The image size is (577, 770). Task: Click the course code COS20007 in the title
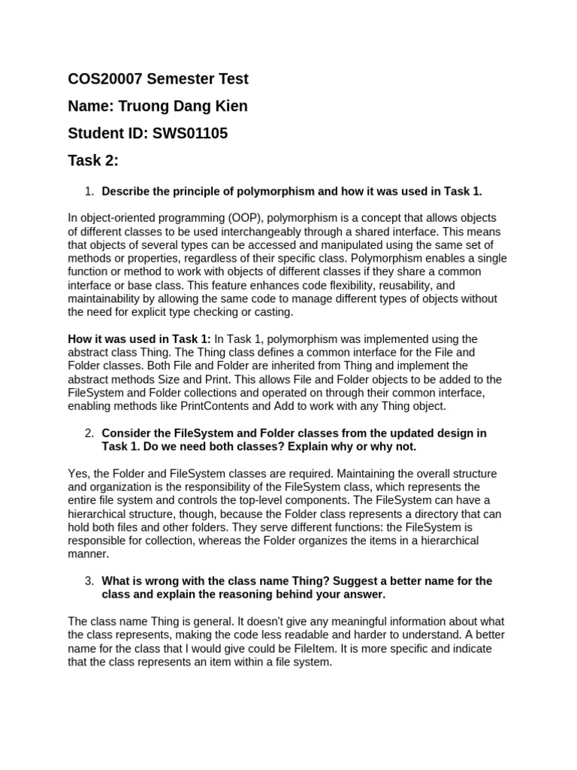[105, 79]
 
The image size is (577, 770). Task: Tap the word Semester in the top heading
[180, 79]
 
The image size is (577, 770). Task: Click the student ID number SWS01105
[190, 134]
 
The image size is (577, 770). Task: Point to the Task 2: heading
[93, 161]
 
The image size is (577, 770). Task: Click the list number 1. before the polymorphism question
[89, 191]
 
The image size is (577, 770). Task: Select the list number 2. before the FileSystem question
[89, 433]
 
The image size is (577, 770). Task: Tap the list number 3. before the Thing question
[89, 581]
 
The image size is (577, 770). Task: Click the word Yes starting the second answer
[77, 474]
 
